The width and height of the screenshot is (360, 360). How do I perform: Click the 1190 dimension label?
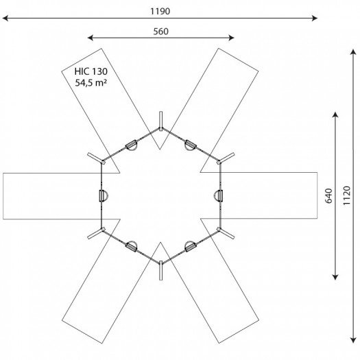[x=160, y=11]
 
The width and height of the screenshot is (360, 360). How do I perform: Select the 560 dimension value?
[x=160, y=32]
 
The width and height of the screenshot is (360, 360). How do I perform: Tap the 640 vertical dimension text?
[x=329, y=196]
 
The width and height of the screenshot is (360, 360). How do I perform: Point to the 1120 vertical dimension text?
[x=347, y=195]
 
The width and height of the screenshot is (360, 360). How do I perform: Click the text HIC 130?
[x=91, y=71]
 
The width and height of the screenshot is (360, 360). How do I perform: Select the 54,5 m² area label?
[x=91, y=83]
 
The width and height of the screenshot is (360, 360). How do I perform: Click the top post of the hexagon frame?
[x=161, y=121]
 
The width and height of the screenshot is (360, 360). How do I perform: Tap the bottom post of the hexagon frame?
[x=161, y=270]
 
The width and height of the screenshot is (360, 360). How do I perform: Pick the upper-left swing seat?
[x=132, y=145]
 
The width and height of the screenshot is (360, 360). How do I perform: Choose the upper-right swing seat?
[x=191, y=145]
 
